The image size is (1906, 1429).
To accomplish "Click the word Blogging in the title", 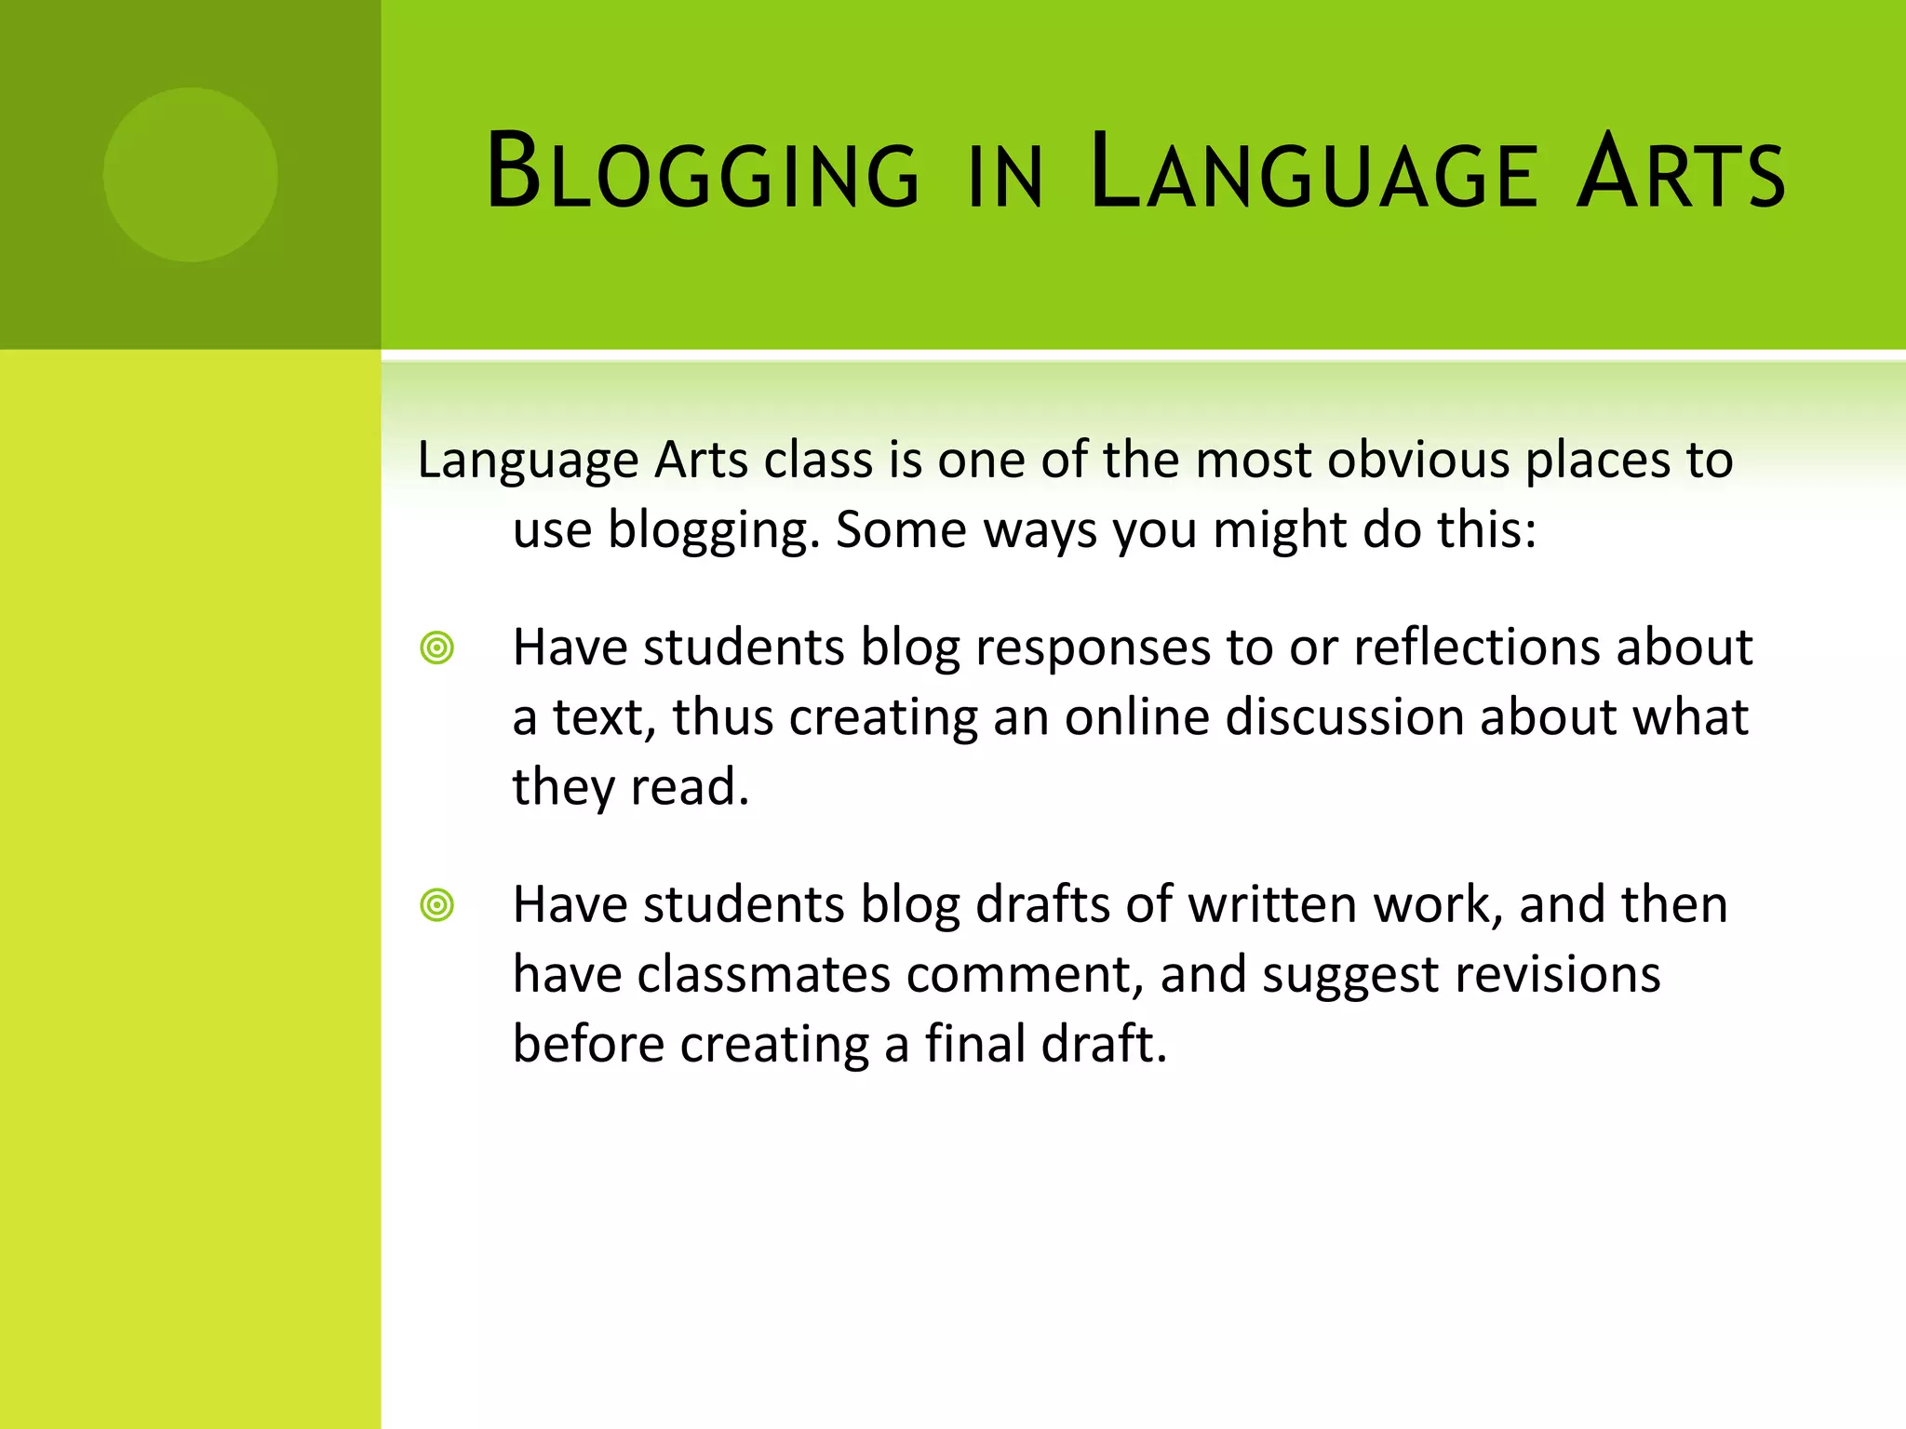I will [x=703, y=171].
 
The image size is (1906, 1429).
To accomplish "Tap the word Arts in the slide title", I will [x=1680, y=171].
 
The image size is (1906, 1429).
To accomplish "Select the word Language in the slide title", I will [x=1312, y=171].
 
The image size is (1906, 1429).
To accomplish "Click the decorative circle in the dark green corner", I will [x=190, y=174].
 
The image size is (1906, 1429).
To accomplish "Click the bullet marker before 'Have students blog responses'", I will [x=436, y=648].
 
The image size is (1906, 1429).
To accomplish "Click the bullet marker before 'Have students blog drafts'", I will [x=436, y=904].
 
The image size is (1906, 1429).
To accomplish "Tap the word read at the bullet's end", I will [x=689, y=787].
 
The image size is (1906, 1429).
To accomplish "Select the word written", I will [x=1272, y=904].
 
